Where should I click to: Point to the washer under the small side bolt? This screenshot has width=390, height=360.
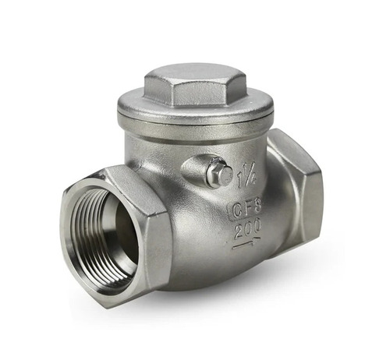pos(214,178)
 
